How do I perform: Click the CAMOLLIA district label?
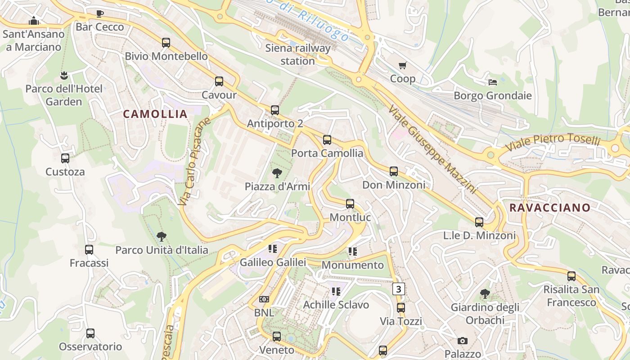(155, 114)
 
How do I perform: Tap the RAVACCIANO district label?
(549, 207)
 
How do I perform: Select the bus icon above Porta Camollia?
(327, 140)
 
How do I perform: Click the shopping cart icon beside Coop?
(403, 66)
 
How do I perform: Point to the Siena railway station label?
(297, 54)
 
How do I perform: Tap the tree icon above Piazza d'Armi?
(277, 173)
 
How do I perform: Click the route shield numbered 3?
(399, 289)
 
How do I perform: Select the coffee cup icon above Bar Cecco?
(100, 14)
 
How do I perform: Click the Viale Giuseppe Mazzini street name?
(432, 149)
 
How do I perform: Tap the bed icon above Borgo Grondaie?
(493, 82)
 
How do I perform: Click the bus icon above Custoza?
(65, 158)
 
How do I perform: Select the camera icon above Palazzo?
(462, 341)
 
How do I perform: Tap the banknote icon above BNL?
(264, 299)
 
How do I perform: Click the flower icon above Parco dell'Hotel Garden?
(63, 75)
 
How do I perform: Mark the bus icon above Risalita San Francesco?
(571, 276)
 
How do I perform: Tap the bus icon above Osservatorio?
(90, 333)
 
